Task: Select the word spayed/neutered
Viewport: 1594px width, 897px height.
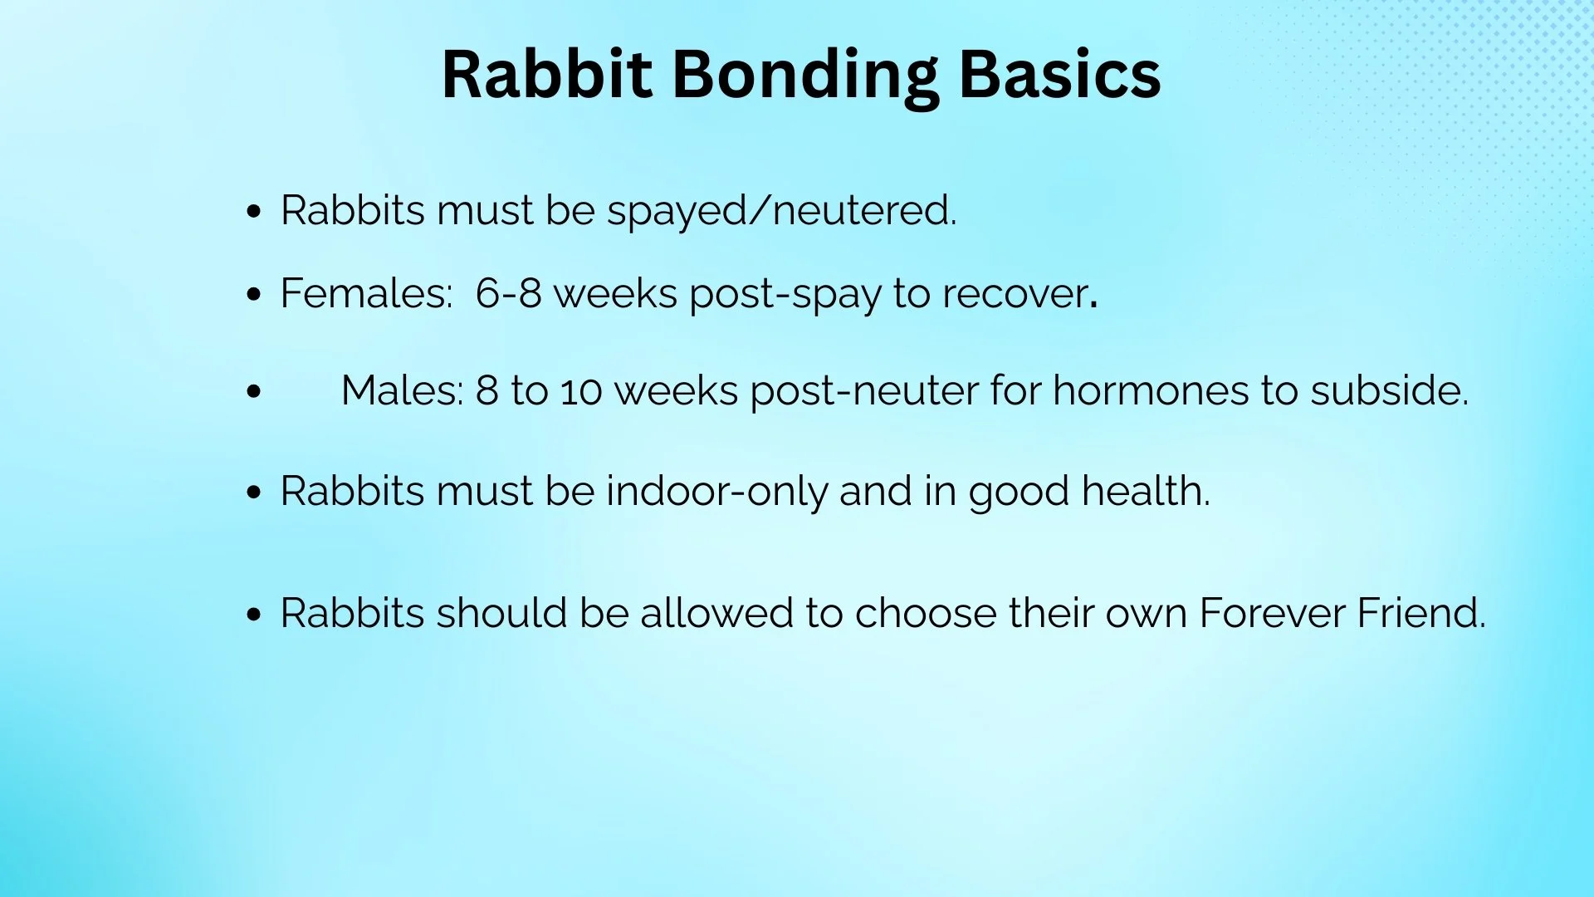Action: coord(780,211)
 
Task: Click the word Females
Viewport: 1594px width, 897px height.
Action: coord(366,294)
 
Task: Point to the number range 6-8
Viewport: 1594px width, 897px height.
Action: coord(508,294)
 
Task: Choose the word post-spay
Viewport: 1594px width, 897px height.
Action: coord(785,295)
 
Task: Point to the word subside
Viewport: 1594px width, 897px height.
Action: coord(1388,391)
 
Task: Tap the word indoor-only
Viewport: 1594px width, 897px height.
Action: coord(716,492)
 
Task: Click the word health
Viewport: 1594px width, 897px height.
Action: coord(1145,492)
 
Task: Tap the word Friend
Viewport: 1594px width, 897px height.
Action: coord(1420,614)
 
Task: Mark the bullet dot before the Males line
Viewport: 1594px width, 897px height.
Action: coord(254,391)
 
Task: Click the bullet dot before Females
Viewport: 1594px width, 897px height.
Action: coord(254,295)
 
